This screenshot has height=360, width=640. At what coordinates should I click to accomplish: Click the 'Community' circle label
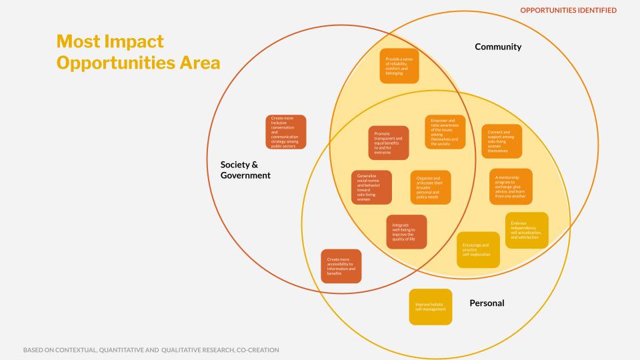pos(497,47)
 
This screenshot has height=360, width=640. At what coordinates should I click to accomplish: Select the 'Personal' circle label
pos(487,303)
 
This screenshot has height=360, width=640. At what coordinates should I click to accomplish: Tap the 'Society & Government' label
pos(245,170)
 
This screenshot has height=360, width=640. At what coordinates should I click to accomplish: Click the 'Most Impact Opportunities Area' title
pos(138,52)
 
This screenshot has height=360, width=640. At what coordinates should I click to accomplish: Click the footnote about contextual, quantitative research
pos(151,349)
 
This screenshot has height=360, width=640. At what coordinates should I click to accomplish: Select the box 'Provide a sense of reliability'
pos(399,65)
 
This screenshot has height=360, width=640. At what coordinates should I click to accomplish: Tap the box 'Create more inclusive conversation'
pos(286,132)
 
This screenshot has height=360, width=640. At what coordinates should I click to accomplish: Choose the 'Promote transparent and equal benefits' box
pos(389,143)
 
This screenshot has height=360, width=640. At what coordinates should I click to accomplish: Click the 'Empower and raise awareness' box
pos(445,132)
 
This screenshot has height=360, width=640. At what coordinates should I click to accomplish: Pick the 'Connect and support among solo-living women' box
pos(501,141)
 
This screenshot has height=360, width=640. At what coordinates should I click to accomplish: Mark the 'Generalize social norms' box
pos(371,187)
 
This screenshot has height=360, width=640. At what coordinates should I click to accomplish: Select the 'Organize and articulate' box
pos(430,187)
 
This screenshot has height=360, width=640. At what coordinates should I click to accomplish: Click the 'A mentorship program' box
pos(511,186)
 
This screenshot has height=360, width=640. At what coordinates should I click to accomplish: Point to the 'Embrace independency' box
pos(527,230)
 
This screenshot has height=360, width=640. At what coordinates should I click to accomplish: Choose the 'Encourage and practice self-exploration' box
pos(477,250)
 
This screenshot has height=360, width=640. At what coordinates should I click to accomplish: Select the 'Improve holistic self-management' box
pos(430,307)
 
